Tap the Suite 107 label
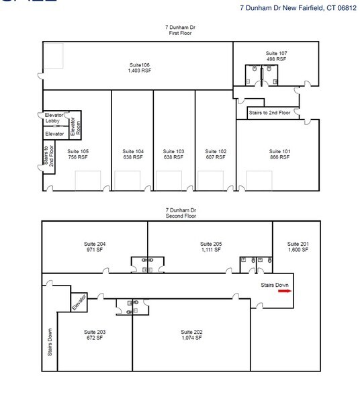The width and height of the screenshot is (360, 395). [276, 53]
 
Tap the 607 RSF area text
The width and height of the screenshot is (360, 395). [216, 157]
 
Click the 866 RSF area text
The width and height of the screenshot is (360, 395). [279, 157]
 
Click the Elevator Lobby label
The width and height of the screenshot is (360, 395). [53, 118]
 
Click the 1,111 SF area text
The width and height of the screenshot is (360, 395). [210, 250]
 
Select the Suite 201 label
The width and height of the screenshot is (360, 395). [297, 244]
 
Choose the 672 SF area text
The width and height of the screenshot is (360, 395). [94, 338]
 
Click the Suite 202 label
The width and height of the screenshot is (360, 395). [191, 332]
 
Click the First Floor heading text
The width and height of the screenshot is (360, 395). [181, 32]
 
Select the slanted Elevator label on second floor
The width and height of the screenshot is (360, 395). [79, 302]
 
